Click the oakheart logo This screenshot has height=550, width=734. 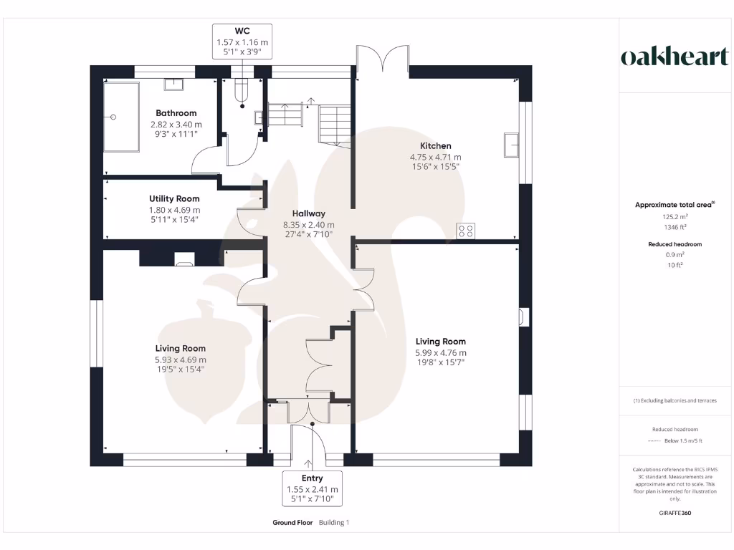[675, 58]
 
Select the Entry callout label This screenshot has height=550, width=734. [312, 488]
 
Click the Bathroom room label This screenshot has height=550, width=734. [176, 113]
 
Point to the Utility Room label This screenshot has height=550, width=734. [174, 198]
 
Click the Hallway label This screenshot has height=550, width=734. [308, 213]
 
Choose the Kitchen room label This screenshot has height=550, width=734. [435, 146]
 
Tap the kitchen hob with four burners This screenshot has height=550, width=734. [466, 231]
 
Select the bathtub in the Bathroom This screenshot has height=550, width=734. [121, 116]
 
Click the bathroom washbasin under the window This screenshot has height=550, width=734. [173, 85]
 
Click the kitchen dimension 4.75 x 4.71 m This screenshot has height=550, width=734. [435, 157]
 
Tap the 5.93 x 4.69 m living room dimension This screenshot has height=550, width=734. [180, 360]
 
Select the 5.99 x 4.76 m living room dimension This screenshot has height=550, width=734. [441, 352]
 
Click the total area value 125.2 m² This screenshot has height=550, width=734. [675, 216]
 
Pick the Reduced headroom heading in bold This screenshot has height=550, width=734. [675, 244]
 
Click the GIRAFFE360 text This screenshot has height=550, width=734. [675, 513]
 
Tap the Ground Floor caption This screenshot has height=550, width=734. [292, 523]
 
